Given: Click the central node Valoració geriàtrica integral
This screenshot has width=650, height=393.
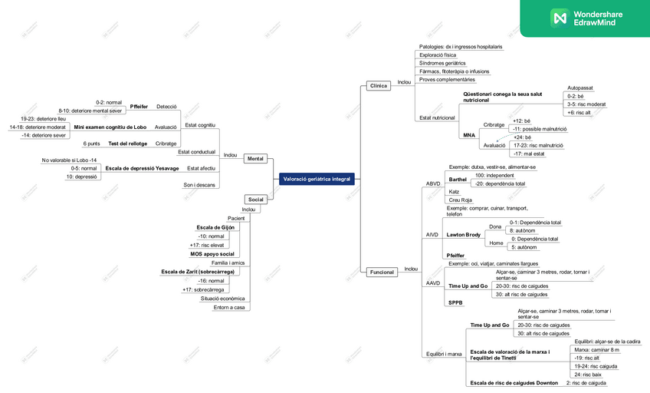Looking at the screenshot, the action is [317, 178].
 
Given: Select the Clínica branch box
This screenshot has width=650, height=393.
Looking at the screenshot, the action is [378, 85].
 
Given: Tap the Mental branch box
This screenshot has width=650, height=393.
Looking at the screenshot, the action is [255, 159].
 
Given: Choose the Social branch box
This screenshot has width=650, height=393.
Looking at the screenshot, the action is [255, 199].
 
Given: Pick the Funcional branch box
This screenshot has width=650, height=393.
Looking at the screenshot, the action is [381, 272].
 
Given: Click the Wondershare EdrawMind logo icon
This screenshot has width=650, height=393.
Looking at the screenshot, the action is [559, 18].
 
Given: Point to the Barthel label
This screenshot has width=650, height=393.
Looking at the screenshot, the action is [458, 179].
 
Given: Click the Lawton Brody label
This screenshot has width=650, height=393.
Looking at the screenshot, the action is [464, 235].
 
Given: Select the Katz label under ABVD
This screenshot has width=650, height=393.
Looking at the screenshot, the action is [454, 190].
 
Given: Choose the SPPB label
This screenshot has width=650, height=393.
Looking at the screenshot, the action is [456, 303].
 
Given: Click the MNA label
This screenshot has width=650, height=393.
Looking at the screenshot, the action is [469, 134].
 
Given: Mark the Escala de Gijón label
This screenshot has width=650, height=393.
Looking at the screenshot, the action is [216, 227].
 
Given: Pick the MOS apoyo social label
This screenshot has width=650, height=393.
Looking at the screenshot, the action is [212, 253].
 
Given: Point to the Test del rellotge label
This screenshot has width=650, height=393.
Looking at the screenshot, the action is [127, 144].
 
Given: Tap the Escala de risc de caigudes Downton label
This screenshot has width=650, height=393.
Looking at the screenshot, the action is [514, 382].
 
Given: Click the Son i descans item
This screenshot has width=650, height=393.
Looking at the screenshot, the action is [199, 184].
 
